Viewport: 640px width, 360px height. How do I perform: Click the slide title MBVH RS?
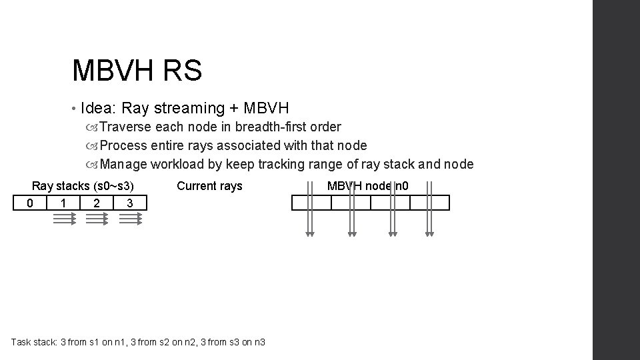(137, 70)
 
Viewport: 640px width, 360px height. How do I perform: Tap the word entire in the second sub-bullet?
(167, 145)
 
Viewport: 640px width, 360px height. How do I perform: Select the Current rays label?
(209, 186)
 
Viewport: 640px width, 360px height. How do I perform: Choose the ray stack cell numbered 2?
(97, 203)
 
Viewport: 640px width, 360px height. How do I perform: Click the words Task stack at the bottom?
(34, 342)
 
